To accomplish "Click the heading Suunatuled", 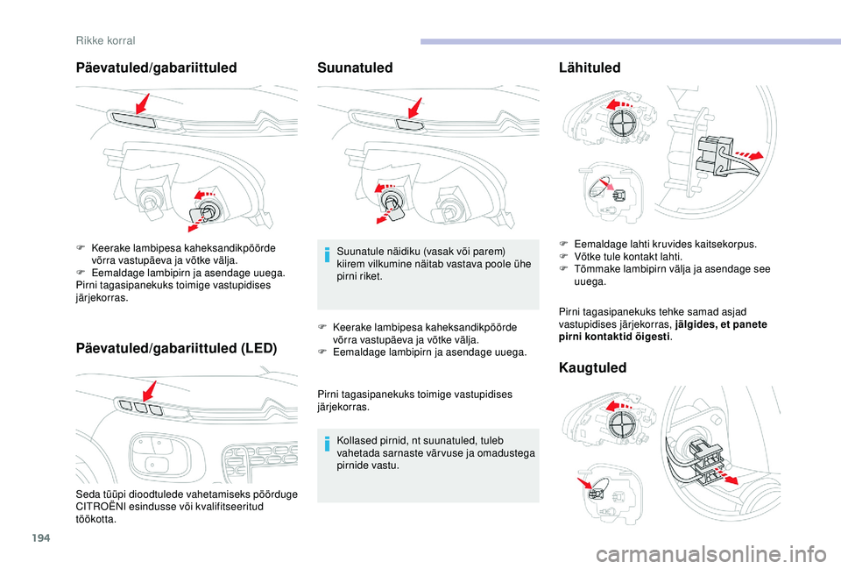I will (355, 68).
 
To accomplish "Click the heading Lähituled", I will (589, 68).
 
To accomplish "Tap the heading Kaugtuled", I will (592, 367).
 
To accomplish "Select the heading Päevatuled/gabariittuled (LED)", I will (177, 348).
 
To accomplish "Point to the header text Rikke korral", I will (105, 39).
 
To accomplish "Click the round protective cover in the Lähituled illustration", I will (625, 121).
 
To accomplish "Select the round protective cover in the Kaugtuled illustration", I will (624, 424).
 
